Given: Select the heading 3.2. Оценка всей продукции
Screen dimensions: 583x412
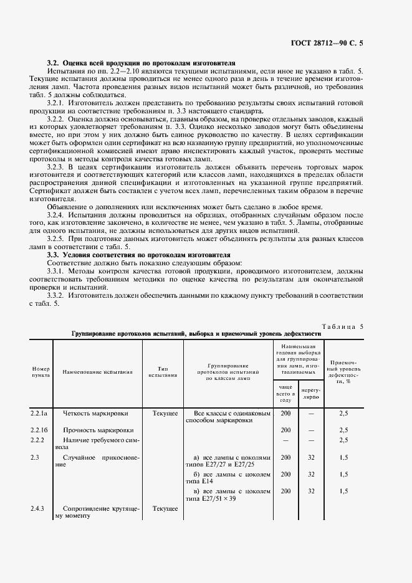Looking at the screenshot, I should [x=141, y=64].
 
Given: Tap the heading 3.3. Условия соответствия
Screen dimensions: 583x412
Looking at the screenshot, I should [x=138, y=255].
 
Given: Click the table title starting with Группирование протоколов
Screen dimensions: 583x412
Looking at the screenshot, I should [x=196, y=334].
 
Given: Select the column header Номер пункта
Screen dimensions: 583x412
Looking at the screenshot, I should [x=41, y=372].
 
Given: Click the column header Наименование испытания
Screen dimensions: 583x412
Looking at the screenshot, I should [x=97, y=372].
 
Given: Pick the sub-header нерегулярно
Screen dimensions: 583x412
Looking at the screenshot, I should [x=310, y=392].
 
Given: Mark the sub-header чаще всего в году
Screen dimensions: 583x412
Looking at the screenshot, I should [x=285, y=392].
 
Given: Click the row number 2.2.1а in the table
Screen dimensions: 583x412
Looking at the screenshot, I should [x=39, y=413].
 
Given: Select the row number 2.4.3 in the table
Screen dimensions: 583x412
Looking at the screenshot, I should [x=38, y=509].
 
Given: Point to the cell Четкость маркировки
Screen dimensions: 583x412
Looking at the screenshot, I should [x=94, y=413].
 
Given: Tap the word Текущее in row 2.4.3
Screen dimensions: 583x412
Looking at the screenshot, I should [x=165, y=509].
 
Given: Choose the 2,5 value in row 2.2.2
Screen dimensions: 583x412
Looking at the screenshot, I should [x=343, y=440].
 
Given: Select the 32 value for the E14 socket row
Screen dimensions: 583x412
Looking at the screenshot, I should [x=310, y=474].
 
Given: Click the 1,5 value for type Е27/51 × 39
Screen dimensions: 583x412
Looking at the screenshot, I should [x=343, y=491].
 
